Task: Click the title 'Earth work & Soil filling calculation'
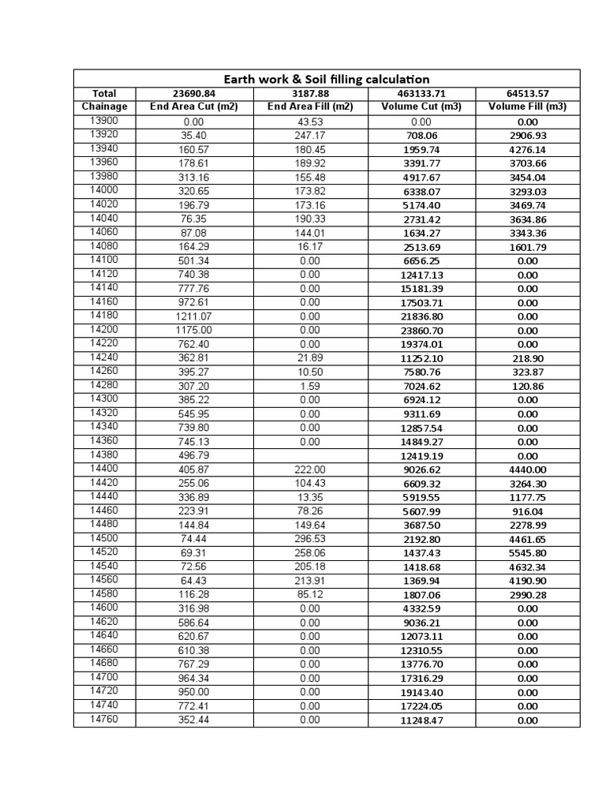pos(327,79)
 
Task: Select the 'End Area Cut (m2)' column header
pos(193,107)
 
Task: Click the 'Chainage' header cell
pos(104,107)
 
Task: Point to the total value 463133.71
pos(421,93)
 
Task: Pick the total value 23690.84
pos(193,93)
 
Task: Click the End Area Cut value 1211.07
pos(193,316)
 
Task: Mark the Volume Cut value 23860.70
pos(421,331)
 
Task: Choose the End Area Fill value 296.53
pos(310,539)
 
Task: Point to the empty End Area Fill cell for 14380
pos(310,455)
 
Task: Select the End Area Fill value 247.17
pos(310,136)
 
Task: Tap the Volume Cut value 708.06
pos(421,136)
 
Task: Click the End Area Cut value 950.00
pos(193,692)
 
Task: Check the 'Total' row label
pos(104,93)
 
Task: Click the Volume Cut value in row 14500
pos(421,540)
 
